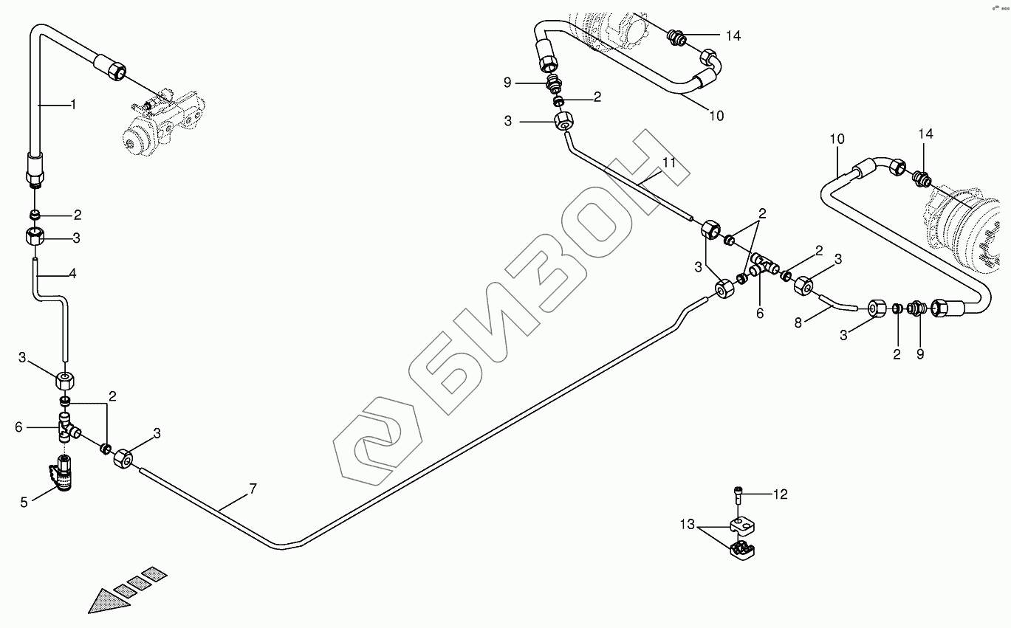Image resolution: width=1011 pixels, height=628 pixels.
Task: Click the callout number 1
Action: coord(73,105)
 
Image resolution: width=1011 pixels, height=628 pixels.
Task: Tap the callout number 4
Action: coord(72,274)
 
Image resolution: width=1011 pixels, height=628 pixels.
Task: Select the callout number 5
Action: coord(23,503)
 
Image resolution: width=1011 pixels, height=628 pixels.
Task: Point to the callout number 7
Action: coord(253,488)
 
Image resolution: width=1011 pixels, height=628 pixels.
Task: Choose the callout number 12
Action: coord(781,495)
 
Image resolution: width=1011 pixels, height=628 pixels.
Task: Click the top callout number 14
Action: coord(733,35)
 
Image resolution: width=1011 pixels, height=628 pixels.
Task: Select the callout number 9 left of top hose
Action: coord(507,83)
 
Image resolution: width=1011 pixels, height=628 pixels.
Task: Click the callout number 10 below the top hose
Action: coord(716,115)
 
